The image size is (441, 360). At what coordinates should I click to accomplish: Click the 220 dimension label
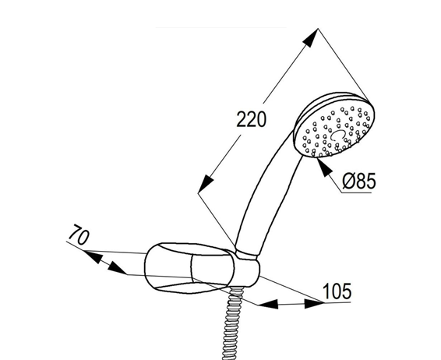pyautogui.click(x=251, y=119)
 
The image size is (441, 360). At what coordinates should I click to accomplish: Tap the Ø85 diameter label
pyautogui.click(x=359, y=181)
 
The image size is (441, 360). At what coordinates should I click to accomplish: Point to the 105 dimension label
pyautogui.click(x=337, y=291)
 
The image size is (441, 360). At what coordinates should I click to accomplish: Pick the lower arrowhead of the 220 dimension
pyautogui.click(x=206, y=184)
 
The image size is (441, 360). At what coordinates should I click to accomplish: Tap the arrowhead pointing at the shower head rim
pyautogui.click(x=323, y=168)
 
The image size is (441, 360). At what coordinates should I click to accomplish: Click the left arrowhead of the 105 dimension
pyautogui.click(x=268, y=305)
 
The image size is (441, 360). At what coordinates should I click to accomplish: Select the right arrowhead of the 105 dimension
pyautogui.click(x=315, y=303)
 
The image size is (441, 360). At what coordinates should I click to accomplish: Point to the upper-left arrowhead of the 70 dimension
pyautogui.click(x=93, y=257)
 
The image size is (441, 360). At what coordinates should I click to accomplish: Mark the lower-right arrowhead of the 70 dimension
pyautogui.click(x=118, y=268)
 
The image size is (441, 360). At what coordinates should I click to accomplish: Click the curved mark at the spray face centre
pyautogui.click(x=337, y=135)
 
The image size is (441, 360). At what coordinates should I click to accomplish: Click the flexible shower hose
pyautogui.click(x=232, y=323)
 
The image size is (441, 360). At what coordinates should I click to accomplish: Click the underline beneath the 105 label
pyautogui.click(x=337, y=302)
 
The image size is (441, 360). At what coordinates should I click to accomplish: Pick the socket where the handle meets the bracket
pyautogui.click(x=248, y=269)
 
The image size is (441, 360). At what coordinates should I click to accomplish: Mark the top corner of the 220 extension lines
pyautogui.click(x=318, y=28)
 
